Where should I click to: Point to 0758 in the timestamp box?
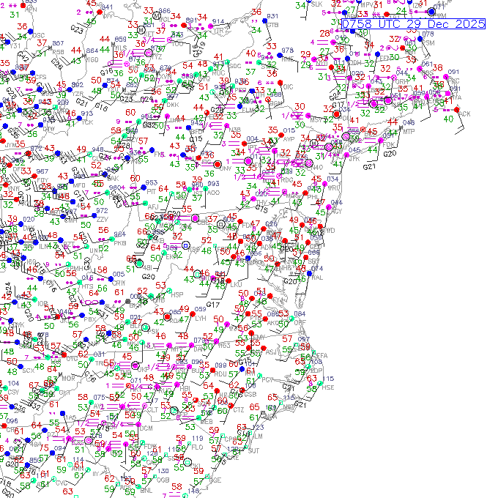click(x=358, y=24)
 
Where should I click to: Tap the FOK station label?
click(x=388, y=144)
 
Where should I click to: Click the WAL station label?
click(x=317, y=277)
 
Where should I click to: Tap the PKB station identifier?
click(x=119, y=242)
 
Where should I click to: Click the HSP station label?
click(x=177, y=294)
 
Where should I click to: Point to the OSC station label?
click(x=39, y=35)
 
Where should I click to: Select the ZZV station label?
click(x=103, y=219)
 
